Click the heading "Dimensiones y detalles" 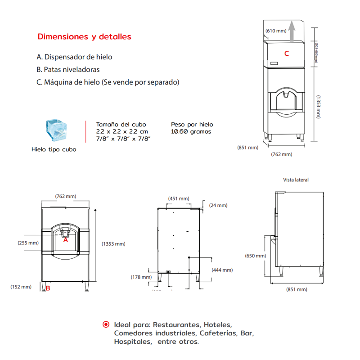[84, 36]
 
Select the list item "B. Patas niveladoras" [68, 70]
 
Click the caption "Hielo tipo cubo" [54, 149]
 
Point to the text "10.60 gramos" [191, 132]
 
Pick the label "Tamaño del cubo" [121, 124]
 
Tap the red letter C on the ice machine [286, 54]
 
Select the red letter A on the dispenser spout [65, 240]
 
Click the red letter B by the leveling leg [48, 288]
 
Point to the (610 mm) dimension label [276, 31]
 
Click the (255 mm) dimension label [28, 243]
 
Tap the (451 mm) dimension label [179, 198]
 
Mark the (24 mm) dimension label [218, 205]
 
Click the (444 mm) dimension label [222, 270]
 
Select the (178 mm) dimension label [141, 277]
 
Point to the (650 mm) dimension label [255, 256]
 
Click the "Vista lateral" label [296, 180]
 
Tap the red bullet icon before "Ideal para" [106, 324]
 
